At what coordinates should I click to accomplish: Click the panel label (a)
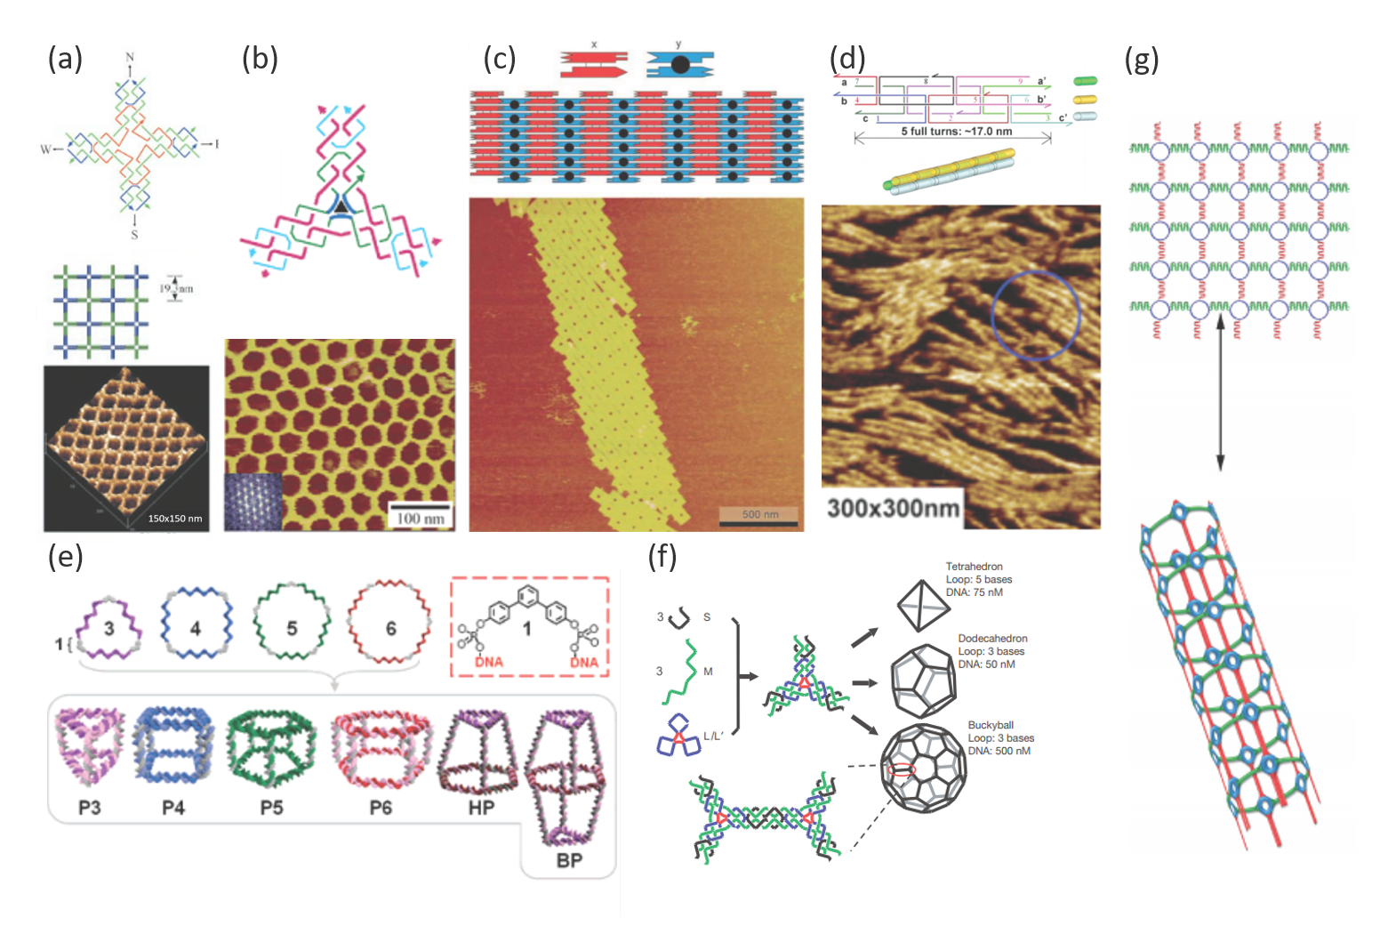click(65, 59)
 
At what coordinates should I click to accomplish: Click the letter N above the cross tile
click(130, 58)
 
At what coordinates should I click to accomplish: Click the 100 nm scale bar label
click(421, 518)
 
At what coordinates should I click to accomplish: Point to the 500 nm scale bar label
click(759, 514)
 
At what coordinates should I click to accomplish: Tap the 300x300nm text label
click(893, 508)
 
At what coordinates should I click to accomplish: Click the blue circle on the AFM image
click(1035, 315)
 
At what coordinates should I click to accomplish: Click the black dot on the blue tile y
click(679, 64)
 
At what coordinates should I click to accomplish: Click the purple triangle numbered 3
click(108, 628)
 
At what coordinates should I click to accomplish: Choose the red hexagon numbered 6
click(389, 628)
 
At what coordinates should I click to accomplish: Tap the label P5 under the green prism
click(271, 808)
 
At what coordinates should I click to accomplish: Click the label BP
click(569, 860)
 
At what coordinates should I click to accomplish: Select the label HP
click(481, 808)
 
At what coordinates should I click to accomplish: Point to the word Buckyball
click(991, 725)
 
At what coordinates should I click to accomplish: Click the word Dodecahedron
click(992, 639)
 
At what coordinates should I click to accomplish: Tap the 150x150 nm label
click(174, 519)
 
